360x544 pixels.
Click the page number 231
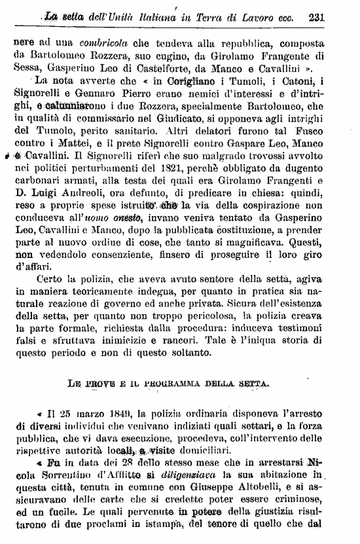pyautogui.click(x=335, y=18)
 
